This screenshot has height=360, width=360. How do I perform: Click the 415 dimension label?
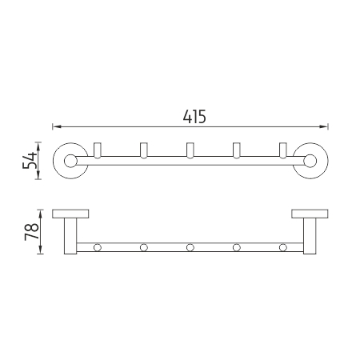[x=194, y=117]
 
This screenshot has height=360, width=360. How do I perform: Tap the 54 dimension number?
[x=30, y=161]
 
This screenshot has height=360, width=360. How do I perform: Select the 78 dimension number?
[x=31, y=231]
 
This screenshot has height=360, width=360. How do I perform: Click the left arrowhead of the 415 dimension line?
[x=56, y=126]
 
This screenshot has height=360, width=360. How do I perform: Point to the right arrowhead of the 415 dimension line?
[x=324, y=126]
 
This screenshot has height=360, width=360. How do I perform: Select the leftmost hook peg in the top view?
[x=98, y=150]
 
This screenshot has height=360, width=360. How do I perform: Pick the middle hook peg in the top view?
[x=190, y=150]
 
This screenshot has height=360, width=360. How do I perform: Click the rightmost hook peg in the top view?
[x=282, y=150]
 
